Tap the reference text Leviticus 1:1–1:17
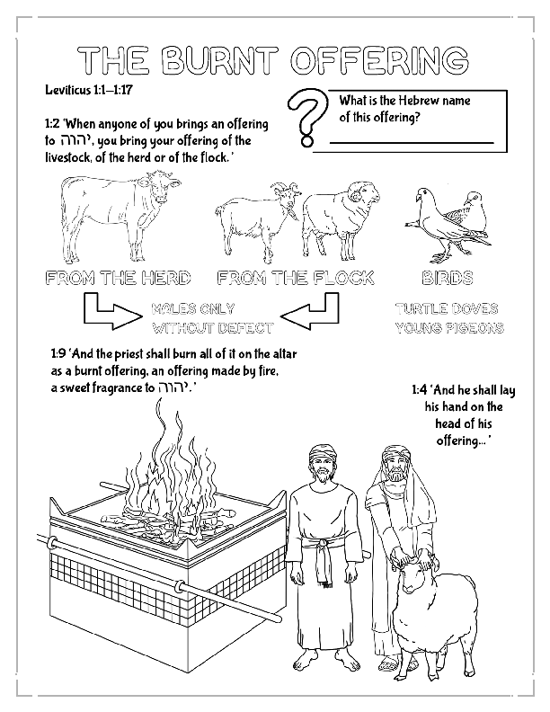pyautogui.click(x=90, y=92)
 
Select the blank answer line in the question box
pyautogui.click(x=411, y=142)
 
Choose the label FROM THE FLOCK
pyautogui.click(x=296, y=278)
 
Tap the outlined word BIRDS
pyautogui.click(x=447, y=278)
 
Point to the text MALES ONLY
pyautogui.click(x=193, y=308)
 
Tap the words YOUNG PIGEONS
pyautogui.click(x=448, y=328)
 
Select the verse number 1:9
pyautogui.click(x=58, y=353)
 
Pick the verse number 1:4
pyautogui.click(x=419, y=391)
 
